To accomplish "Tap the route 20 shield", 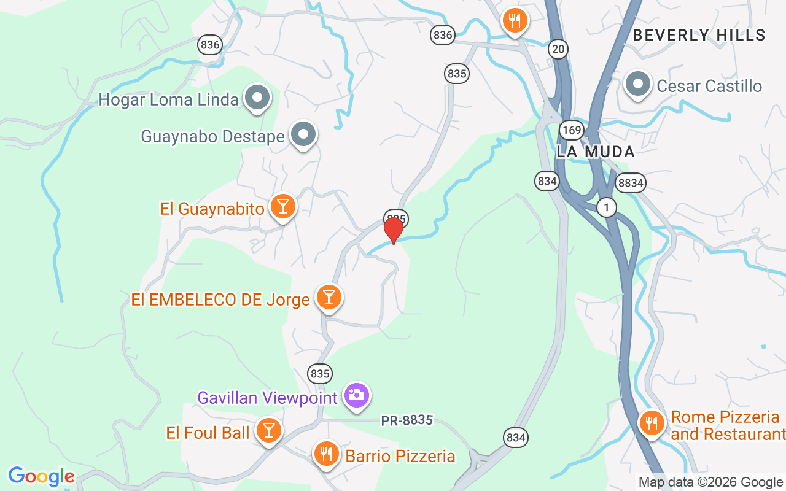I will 558,48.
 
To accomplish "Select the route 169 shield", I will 571,130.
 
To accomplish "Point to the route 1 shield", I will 606,208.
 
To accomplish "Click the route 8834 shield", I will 631,182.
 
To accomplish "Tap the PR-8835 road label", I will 407,420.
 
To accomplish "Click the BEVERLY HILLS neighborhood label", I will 699,36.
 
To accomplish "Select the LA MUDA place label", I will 596,152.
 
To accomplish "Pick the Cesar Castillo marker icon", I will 638,84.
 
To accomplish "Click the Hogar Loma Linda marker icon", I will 257,98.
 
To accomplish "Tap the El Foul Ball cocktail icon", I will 268,430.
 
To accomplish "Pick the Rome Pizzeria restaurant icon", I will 652,423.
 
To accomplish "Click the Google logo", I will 41,476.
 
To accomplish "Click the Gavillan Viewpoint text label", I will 267,398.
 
